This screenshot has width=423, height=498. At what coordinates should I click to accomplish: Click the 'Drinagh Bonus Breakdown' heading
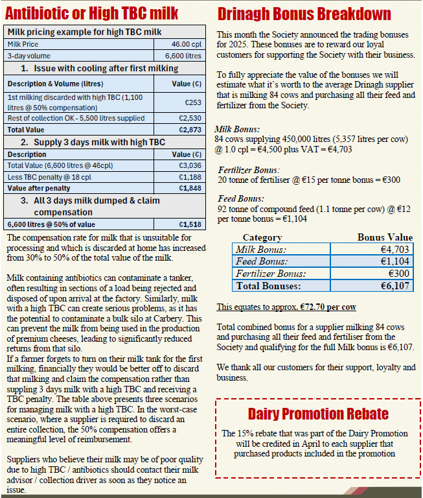304,14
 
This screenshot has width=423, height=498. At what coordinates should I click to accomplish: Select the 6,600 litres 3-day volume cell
183,56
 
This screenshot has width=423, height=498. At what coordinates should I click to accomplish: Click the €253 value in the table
193,102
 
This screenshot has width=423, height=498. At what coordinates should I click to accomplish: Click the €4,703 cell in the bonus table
396,250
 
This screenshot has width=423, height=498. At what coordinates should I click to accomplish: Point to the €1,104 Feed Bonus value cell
396,262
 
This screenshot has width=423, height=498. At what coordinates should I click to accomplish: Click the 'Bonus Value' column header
385,237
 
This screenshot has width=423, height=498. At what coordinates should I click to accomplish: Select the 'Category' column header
262,237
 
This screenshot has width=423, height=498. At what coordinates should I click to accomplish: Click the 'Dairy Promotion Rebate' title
318,414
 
